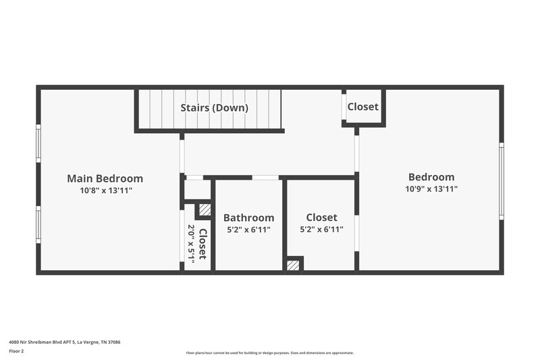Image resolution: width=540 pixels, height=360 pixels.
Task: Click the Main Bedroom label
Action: pos(105,178)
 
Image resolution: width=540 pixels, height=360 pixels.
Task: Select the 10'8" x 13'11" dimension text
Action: pos(105,190)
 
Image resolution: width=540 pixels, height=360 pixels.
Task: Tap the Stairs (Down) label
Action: pos(214,107)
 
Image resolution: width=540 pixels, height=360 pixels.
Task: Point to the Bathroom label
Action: pos(248,217)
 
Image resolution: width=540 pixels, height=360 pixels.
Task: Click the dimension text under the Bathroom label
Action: pos(248,230)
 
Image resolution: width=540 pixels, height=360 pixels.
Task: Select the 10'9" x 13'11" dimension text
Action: pos(431,189)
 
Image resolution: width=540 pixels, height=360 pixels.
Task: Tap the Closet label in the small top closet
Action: pos(362,107)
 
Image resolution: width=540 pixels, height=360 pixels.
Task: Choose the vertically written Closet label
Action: pos(202,245)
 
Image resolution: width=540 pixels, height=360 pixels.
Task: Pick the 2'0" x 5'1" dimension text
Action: pos(191,245)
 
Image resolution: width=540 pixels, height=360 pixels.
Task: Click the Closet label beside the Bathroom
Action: pos(321,217)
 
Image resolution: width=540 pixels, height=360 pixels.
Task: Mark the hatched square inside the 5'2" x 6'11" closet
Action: pos(292,265)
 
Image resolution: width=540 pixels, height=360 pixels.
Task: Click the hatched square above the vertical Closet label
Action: pos(205,209)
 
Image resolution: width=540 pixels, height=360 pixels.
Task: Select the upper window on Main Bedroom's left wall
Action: pos(38,143)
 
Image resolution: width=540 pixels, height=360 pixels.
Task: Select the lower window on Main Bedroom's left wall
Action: pos(38,225)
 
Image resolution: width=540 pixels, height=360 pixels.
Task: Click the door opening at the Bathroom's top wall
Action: pos(265,178)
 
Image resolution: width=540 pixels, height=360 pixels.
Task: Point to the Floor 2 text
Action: pos(17,352)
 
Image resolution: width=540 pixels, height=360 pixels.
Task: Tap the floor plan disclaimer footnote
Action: pos(269,353)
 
